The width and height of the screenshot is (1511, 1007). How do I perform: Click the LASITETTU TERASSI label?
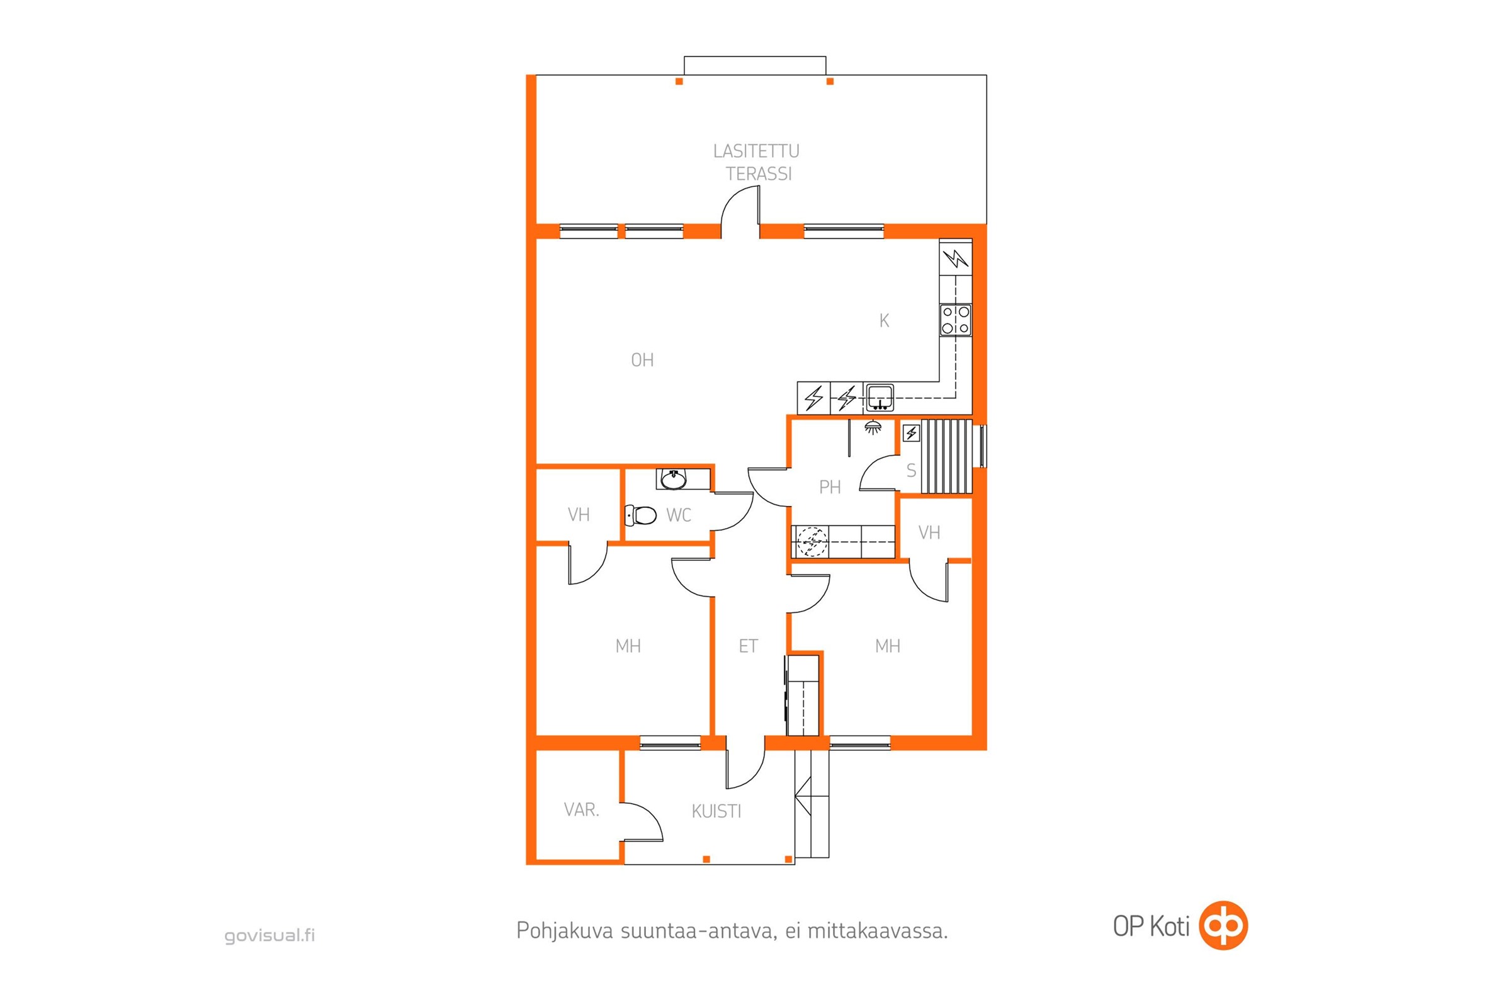click(757, 162)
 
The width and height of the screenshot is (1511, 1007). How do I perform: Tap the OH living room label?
click(642, 360)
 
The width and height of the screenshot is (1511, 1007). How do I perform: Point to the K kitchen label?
click(885, 320)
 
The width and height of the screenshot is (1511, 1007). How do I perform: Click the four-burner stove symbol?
click(956, 320)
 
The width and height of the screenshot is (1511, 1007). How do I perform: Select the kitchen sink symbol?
click(880, 398)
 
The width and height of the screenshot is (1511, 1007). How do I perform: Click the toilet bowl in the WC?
click(641, 514)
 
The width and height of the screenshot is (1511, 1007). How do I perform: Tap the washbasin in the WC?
click(673, 479)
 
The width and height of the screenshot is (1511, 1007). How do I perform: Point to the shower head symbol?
click(873, 428)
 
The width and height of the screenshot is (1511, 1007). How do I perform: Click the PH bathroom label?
click(830, 487)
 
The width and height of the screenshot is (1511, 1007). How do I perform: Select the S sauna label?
click(911, 471)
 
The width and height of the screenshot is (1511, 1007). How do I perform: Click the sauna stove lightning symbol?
click(911, 434)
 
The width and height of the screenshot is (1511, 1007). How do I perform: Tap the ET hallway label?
click(749, 646)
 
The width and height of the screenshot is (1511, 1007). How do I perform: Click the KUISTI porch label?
click(716, 812)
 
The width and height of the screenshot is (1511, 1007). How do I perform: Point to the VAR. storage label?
click(581, 810)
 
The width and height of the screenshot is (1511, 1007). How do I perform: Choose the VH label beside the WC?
click(579, 514)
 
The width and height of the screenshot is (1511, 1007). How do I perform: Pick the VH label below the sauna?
click(930, 532)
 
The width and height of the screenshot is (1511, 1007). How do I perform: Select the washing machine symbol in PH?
click(812, 541)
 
